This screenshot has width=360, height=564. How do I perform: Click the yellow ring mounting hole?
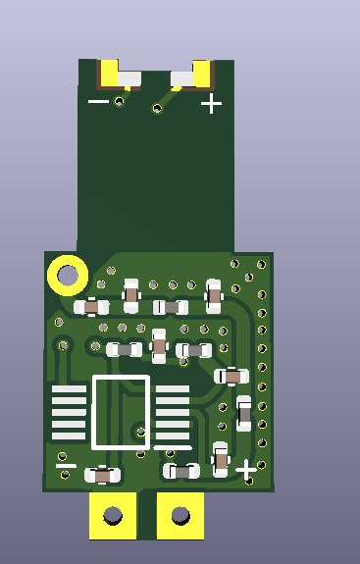tap(68, 276)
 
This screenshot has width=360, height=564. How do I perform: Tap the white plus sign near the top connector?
tap(211, 103)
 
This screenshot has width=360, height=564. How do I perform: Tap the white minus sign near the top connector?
tap(98, 101)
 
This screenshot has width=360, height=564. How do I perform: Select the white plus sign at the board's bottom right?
tap(246, 471)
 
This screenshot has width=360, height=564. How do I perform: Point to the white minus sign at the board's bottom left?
tap(66, 466)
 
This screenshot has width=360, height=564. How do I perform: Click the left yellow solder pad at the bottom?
tap(113, 515)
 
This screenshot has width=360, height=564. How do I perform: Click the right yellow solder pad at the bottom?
tap(180, 515)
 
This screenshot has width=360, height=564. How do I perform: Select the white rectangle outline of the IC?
tap(121, 412)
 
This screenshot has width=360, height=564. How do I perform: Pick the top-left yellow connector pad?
tap(108, 74)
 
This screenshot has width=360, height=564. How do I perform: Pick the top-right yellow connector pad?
tap(203, 74)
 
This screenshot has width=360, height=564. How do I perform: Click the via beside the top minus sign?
tap(120, 101)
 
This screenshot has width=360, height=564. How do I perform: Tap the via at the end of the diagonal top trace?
tap(156, 108)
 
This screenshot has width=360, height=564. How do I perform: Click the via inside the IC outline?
tap(138, 429)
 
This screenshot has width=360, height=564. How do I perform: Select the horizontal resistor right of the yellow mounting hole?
tap(91, 307)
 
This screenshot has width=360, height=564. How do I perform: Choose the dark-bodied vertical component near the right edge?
tap(244, 414)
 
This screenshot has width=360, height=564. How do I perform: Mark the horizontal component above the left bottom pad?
tap(103, 475)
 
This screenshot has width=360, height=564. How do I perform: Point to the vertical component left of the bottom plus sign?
tap(222, 458)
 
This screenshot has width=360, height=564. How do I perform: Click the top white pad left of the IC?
tap(69, 389)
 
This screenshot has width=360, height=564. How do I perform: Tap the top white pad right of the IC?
tap(173, 389)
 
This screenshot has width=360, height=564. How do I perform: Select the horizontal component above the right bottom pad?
tap(180, 471)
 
